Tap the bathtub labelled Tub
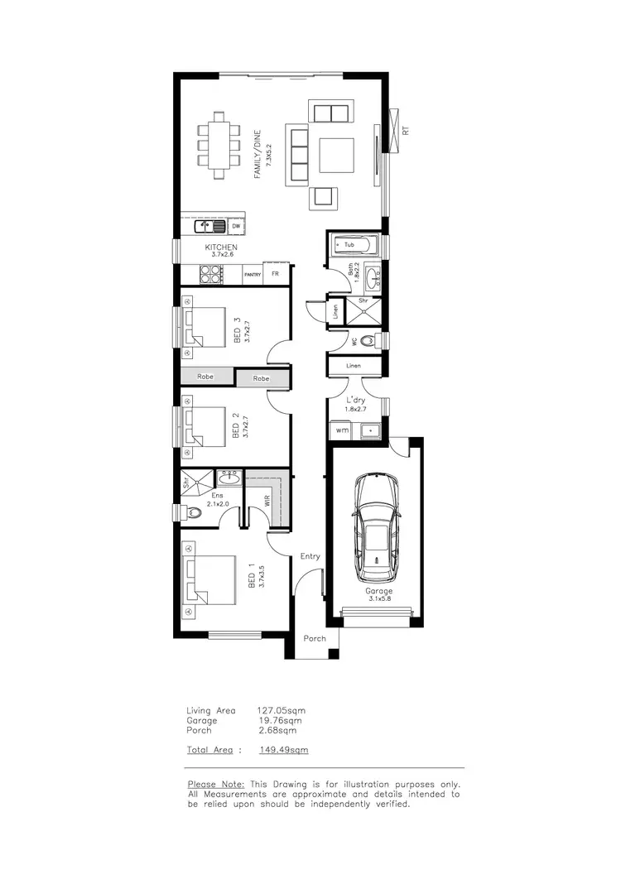click(352, 245)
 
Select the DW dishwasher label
click(236, 225)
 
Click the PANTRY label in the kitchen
click(253, 275)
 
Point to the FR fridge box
click(276, 275)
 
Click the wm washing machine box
click(342, 431)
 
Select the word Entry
click(310, 556)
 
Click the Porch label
click(315, 638)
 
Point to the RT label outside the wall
click(406, 130)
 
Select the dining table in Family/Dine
click(220, 146)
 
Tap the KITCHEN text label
click(221, 247)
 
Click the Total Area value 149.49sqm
click(283, 750)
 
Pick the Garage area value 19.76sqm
click(277, 721)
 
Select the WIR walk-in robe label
click(267, 501)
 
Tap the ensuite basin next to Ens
click(229, 478)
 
